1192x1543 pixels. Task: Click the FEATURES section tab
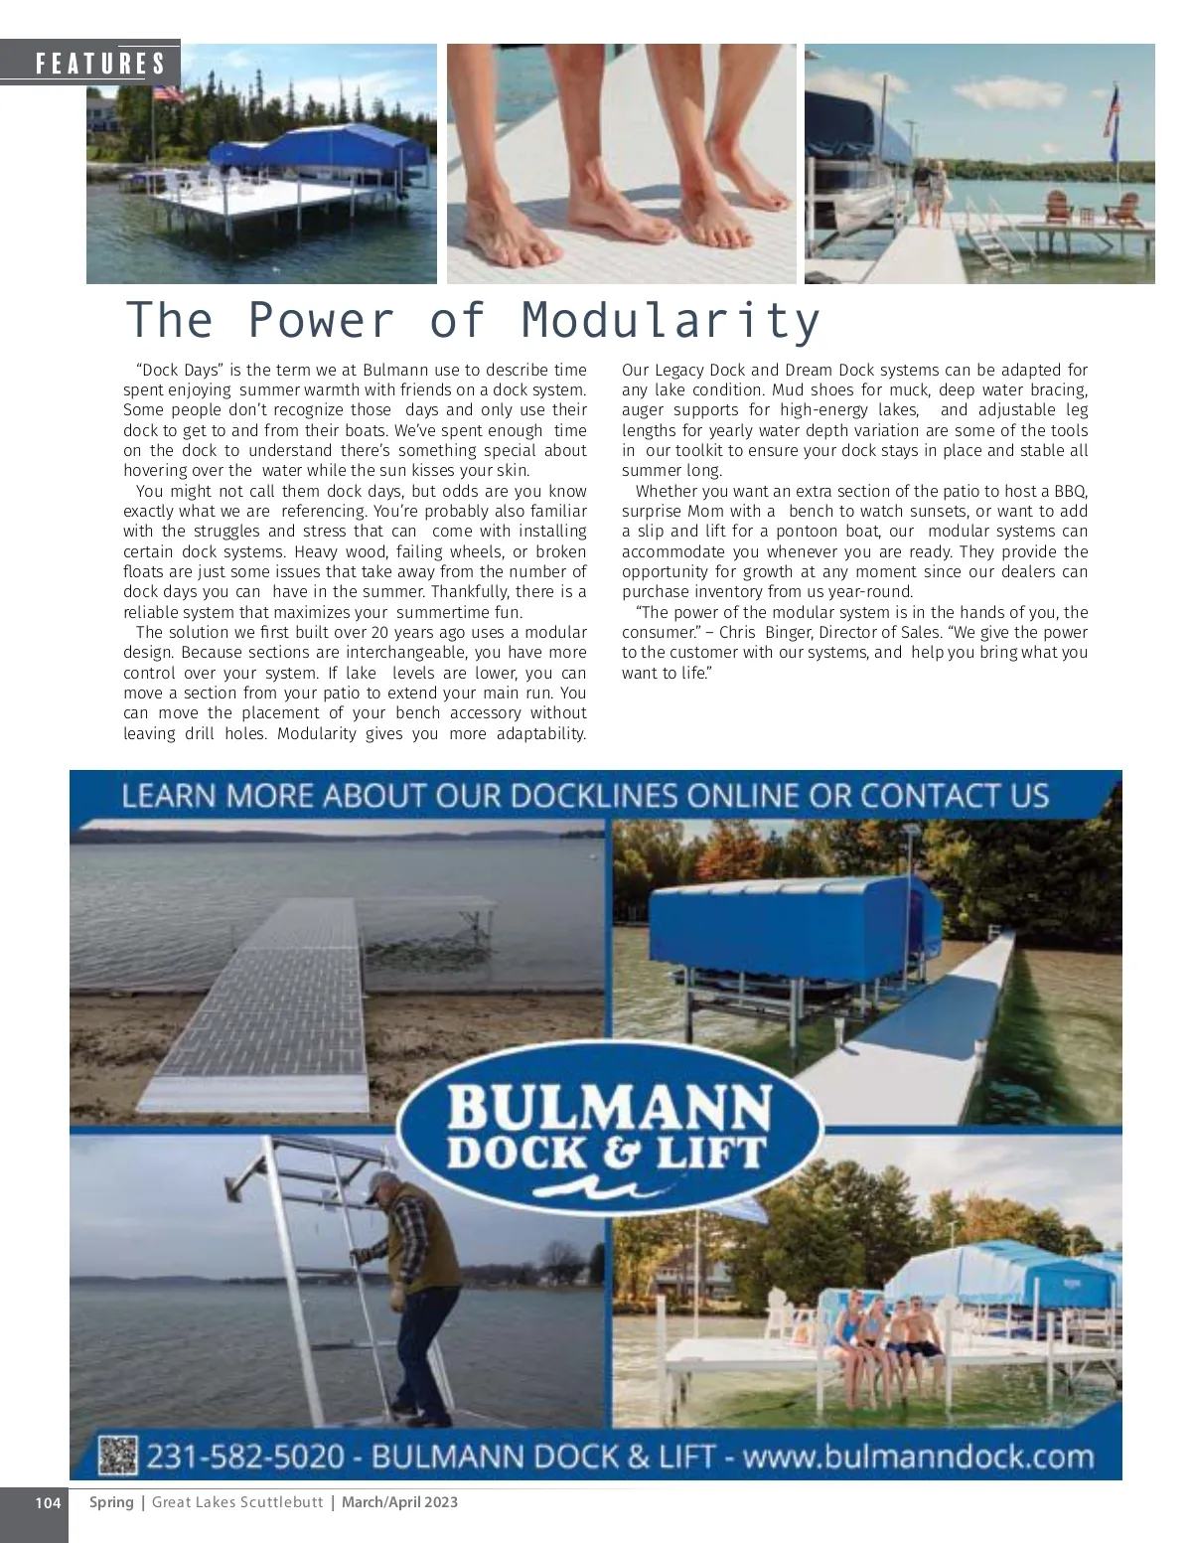[x=99, y=65]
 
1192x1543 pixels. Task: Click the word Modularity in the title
[x=670, y=321]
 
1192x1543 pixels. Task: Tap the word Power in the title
[x=320, y=321]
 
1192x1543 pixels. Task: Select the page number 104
[x=48, y=1502]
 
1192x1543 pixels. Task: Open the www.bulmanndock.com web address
[x=918, y=1457]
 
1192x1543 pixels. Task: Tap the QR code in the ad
[x=117, y=1456]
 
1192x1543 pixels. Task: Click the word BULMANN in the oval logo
[x=609, y=1106]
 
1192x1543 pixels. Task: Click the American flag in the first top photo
[x=169, y=93]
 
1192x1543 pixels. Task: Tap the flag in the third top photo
[x=1112, y=112]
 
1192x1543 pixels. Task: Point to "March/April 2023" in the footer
[x=399, y=1502]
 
